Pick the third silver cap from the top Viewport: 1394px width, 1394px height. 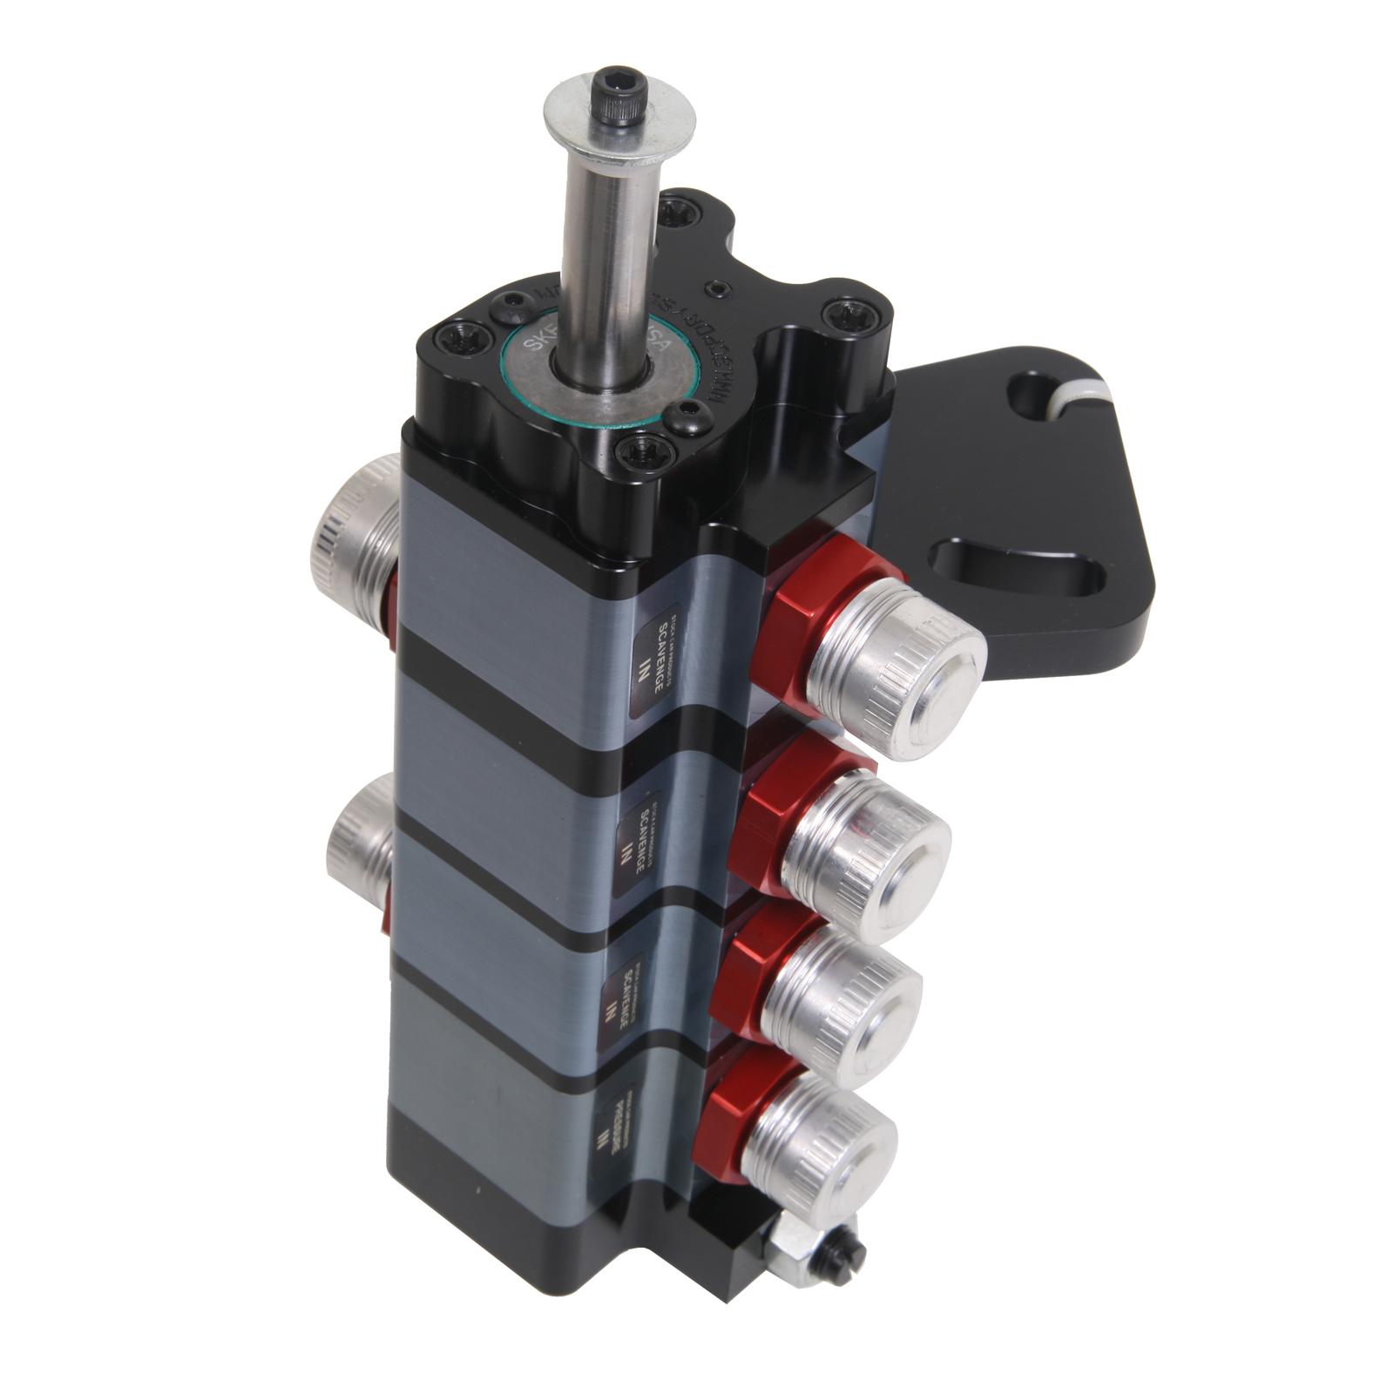point(842,997)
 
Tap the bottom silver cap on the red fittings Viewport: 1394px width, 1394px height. point(819,1144)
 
